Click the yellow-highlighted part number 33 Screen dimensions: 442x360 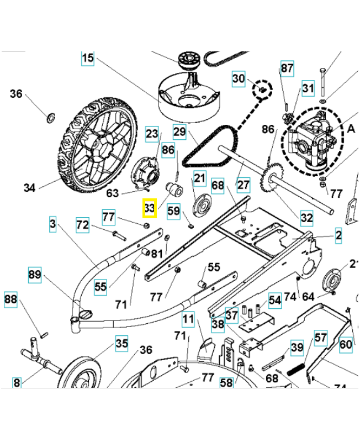point(149,208)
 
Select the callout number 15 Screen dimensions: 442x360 point(88,58)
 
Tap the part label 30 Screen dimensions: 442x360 point(238,78)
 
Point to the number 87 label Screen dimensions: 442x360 point(287,68)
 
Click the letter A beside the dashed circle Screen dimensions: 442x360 point(350,128)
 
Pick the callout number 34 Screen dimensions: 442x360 point(30,188)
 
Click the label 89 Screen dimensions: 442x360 point(35,275)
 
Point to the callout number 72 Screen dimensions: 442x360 point(82,225)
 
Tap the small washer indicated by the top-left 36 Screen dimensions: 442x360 point(50,117)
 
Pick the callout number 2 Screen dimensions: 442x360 point(338,236)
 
